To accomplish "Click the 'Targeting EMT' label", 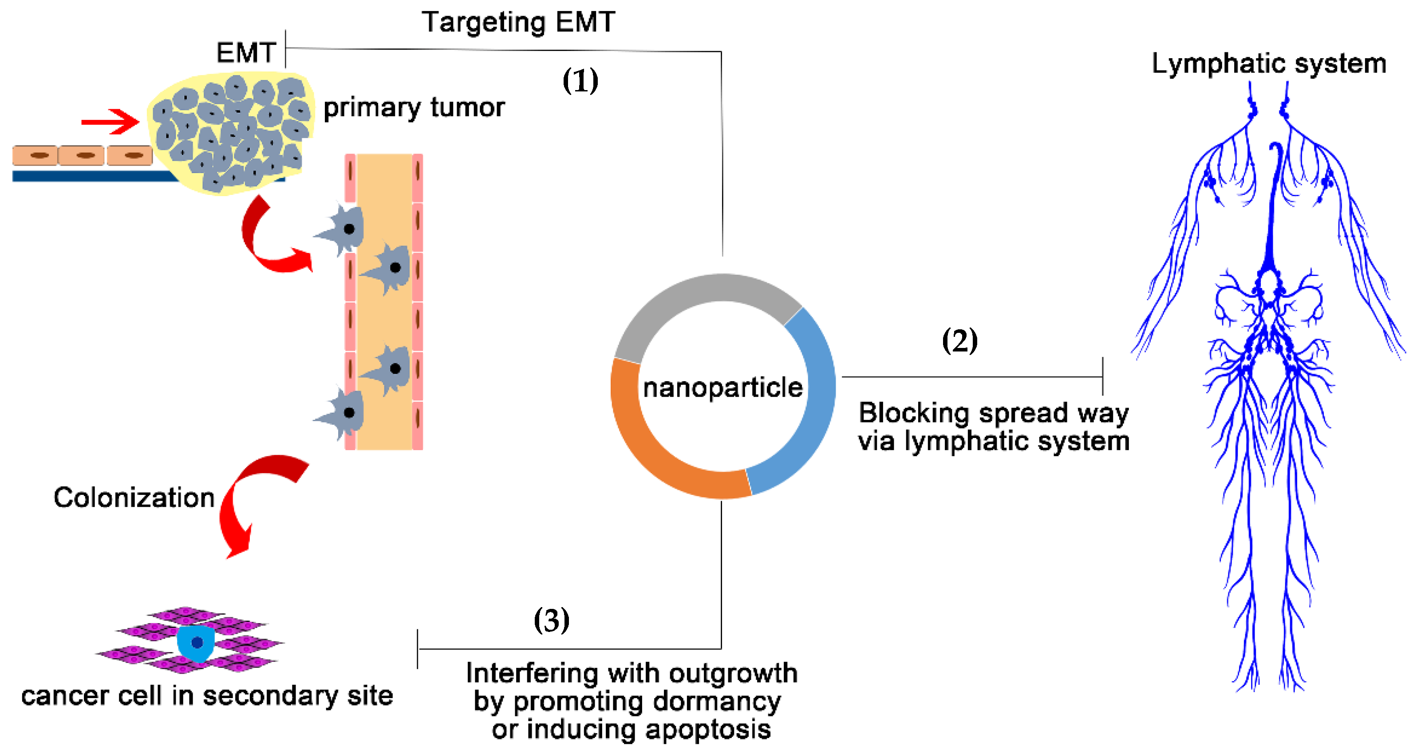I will (518, 23).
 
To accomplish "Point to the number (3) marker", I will (551, 620).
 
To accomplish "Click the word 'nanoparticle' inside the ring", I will (722, 387).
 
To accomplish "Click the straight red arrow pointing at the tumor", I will (110, 122).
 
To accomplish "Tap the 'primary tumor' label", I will (413, 107).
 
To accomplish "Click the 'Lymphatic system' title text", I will (1268, 64).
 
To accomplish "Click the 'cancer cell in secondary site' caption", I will (207, 696).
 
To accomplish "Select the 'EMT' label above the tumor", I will (245, 53).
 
